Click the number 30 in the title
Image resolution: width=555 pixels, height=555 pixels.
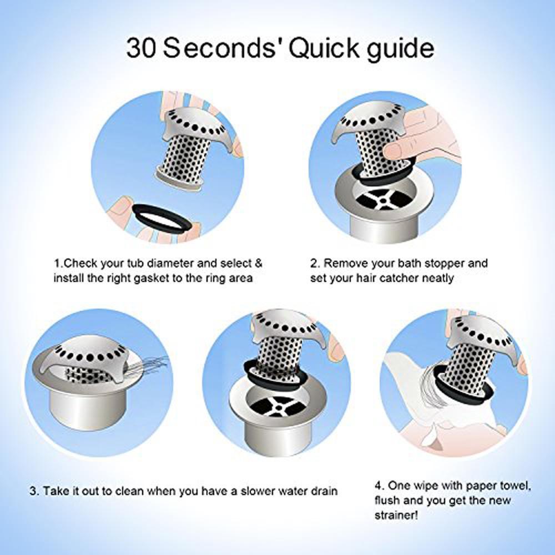pos(144,49)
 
